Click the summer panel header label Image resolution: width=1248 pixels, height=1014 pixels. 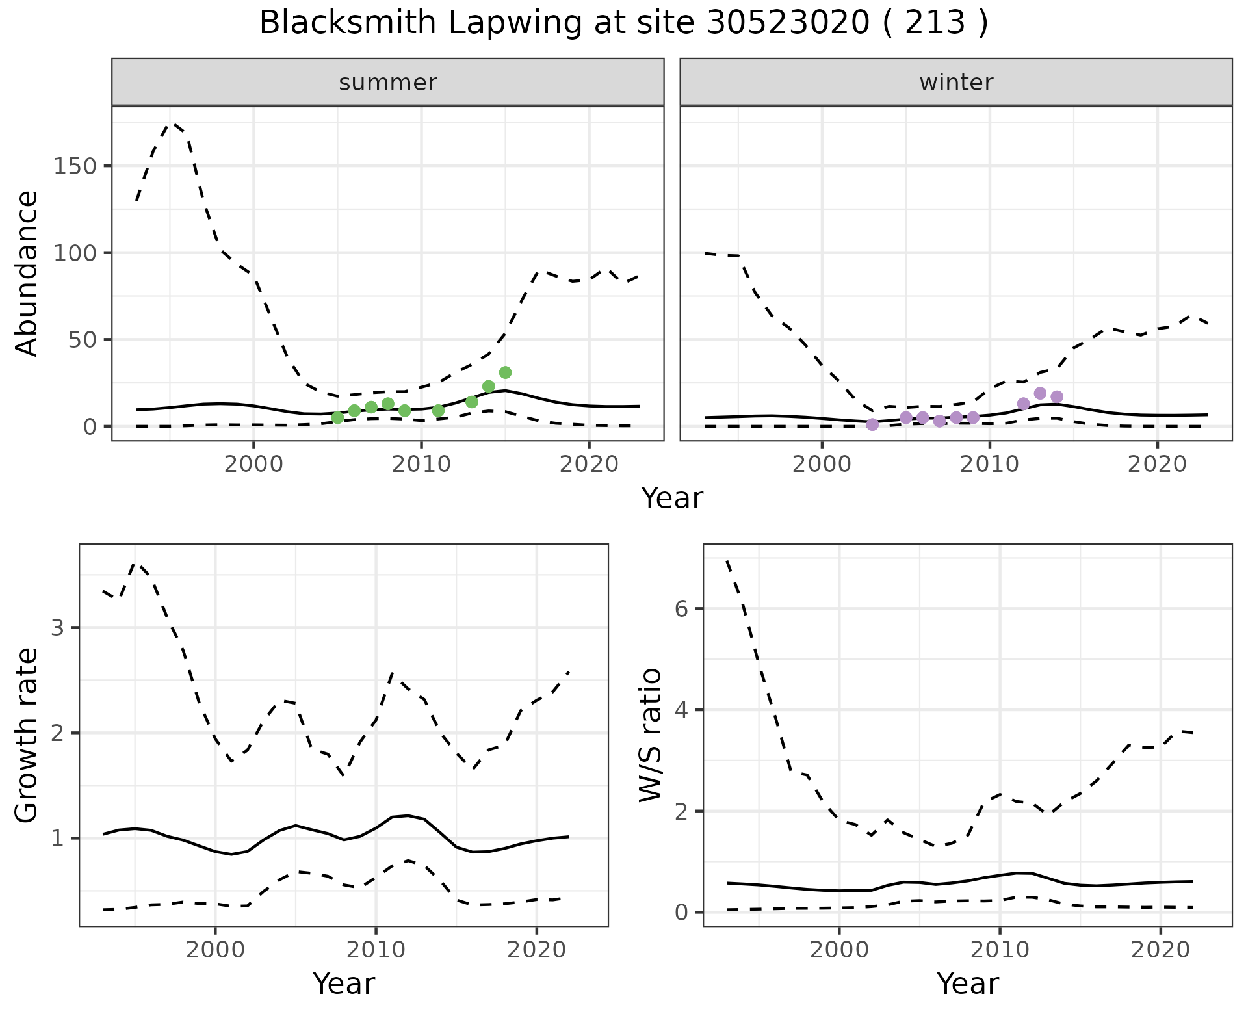tap(388, 83)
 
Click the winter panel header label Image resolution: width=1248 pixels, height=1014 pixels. tap(956, 83)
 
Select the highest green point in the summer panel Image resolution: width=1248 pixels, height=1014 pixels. tap(505, 372)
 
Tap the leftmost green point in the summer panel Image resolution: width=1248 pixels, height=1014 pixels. tap(337, 417)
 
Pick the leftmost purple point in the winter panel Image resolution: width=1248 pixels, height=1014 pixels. tap(872, 424)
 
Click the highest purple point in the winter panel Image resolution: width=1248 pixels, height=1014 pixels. tap(1040, 393)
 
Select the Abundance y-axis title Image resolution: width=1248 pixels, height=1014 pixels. tap(27, 274)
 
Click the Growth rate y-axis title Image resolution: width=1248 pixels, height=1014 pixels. tap(27, 735)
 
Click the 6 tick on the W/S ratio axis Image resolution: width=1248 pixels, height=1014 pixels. tap(682, 608)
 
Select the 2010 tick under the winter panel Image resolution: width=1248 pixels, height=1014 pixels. tap(989, 465)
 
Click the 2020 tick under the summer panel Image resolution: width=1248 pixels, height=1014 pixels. tap(589, 465)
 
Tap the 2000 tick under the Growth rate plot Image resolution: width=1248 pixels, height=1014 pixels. tap(214, 950)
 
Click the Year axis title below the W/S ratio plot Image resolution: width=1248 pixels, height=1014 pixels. tap(967, 983)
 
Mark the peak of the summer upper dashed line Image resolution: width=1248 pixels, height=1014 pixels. tap(174, 123)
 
